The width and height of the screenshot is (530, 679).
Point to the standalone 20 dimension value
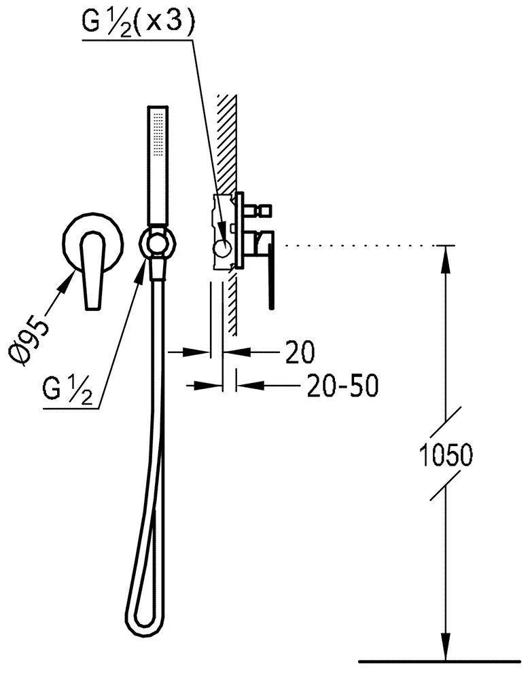pos(299,352)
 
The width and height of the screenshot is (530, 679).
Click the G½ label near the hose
pos(68,390)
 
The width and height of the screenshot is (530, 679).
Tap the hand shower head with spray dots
pos(158,165)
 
